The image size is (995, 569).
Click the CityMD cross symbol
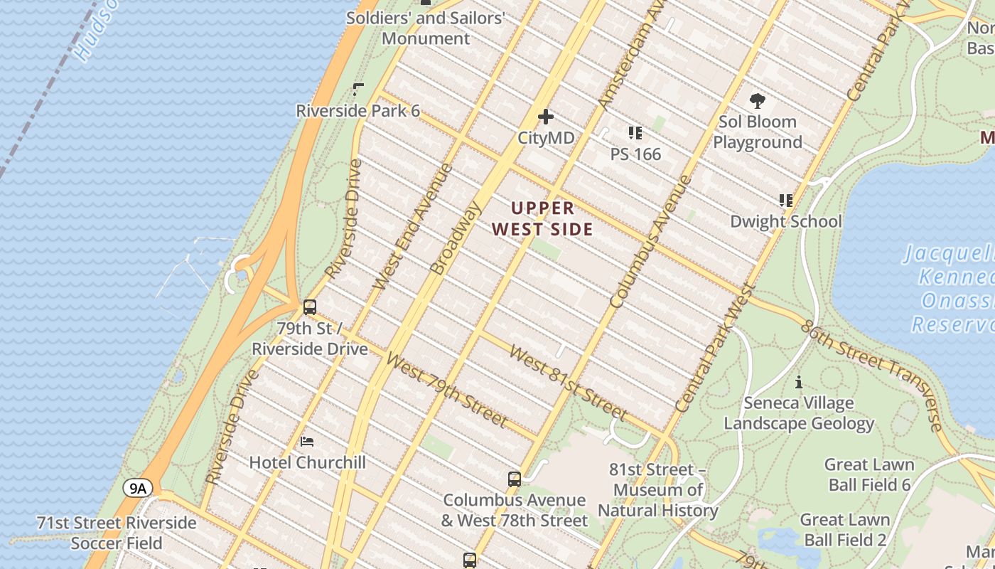pyautogui.click(x=545, y=117)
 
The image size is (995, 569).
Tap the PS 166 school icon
pyautogui.click(x=635, y=133)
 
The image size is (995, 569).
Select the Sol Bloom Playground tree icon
pyautogui.click(x=758, y=101)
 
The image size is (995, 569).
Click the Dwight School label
pyautogui.click(x=785, y=221)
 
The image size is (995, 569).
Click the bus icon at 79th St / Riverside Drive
pyautogui.click(x=310, y=307)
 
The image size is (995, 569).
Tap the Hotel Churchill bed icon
pyautogui.click(x=307, y=442)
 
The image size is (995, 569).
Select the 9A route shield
pyautogui.click(x=138, y=488)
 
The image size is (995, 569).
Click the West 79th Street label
pyautogui.click(x=447, y=390)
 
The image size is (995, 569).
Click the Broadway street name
pyautogui.click(x=456, y=238)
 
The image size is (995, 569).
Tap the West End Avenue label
pyautogui.click(x=413, y=227)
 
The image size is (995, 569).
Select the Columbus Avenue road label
pyautogui.click(x=650, y=242)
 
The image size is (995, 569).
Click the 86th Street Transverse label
pyautogui.click(x=871, y=375)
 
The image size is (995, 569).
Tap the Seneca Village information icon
pyautogui.click(x=799, y=383)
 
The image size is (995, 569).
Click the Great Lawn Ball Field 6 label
pyautogui.click(x=868, y=474)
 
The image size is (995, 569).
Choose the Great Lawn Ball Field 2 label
pyautogui.click(x=844, y=530)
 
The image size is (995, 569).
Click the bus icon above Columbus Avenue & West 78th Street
pyautogui.click(x=515, y=479)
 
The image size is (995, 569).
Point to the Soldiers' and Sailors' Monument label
pyautogui.click(x=426, y=28)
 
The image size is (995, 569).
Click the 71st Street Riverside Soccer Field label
pyautogui.click(x=117, y=533)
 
